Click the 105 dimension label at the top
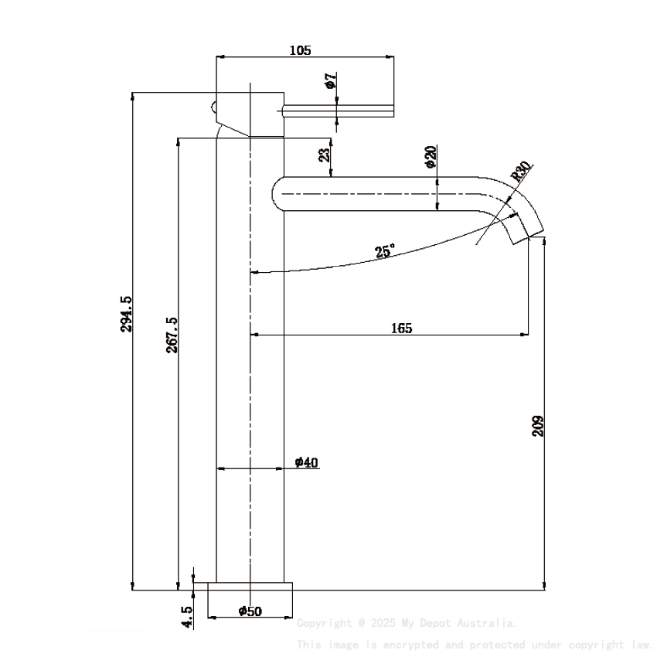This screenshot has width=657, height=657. point(300,50)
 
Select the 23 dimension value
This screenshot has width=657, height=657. point(325,155)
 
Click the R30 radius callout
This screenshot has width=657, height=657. point(521,171)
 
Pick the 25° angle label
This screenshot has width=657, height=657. point(384,251)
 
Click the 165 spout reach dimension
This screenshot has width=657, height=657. point(401,328)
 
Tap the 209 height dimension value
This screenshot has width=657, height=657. point(539,426)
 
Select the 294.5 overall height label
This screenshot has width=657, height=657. point(126,313)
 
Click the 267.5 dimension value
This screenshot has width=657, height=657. point(172,335)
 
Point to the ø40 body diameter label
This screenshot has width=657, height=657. point(306,462)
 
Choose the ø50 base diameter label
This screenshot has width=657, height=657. point(250,611)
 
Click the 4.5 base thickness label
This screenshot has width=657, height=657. point(186,616)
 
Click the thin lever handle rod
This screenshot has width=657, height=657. point(340,111)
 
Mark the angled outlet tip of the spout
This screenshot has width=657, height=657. point(530,231)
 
